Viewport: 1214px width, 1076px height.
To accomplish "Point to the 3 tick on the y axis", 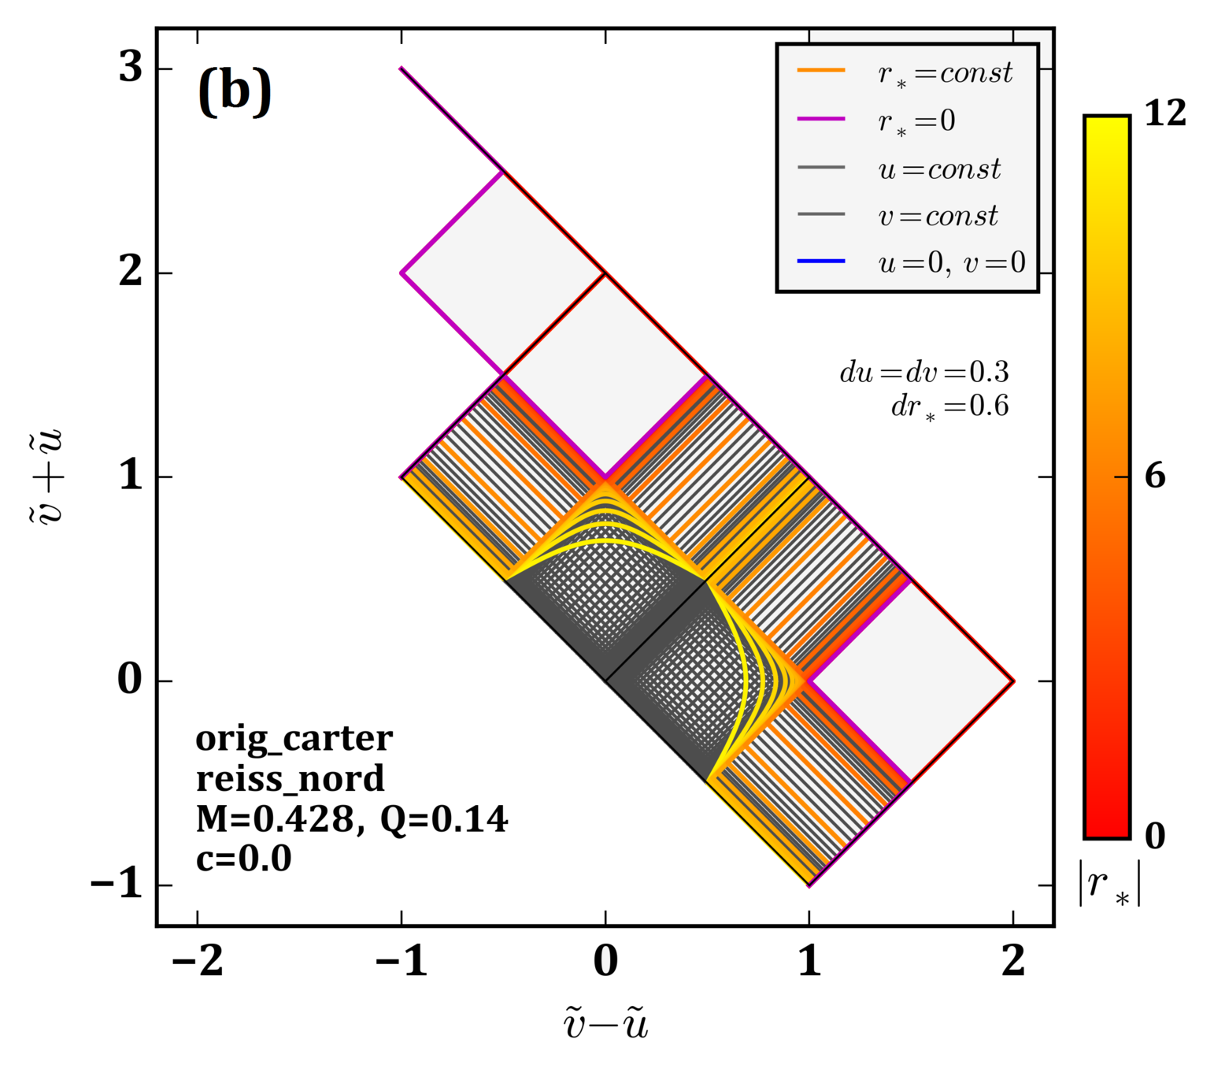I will pyautogui.click(x=131, y=68).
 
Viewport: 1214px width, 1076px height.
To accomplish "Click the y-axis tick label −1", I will pyautogui.click(x=117, y=885).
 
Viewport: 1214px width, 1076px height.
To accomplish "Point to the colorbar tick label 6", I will pyautogui.click(x=1155, y=476).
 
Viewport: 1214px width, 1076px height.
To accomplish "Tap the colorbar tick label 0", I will pyautogui.click(x=1155, y=837).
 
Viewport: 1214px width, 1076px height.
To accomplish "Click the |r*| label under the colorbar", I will pyautogui.click(x=1109, y=885).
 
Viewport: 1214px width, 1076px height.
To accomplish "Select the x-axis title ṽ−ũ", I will pyautogui.click(x=605, y=1025).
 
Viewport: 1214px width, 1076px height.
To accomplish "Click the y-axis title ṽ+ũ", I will pyautogui.click(x=52, y=477).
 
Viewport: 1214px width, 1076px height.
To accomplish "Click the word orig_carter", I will pyautogui.click(x=294, y=739).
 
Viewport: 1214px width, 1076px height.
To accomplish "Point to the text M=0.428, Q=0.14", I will pyautogui.click(x=352, y=819).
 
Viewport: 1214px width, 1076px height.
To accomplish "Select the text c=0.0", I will pyautogui.click(x=243, y=859).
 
